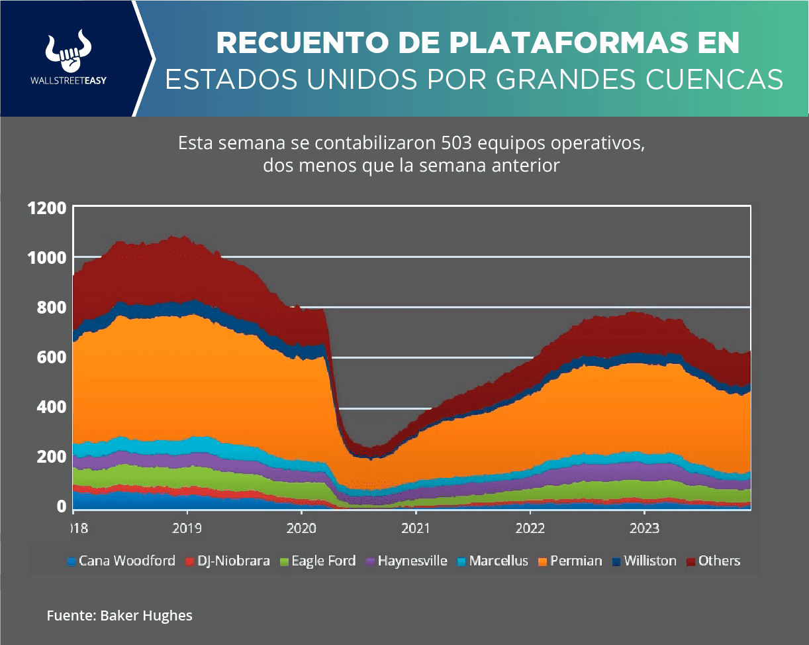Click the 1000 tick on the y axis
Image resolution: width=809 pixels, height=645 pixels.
pyautogui.click(x=47, y=257)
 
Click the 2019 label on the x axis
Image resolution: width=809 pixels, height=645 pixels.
pyautogui.click(x=187, y=529)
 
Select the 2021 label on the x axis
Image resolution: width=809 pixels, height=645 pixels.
pyautogui.click(x=415, y=529)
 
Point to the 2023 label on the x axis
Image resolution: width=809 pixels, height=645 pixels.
pyautogui.click(x=644, y=529)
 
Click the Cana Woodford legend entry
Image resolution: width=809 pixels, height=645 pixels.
pyautogui.click(x=121, y=561)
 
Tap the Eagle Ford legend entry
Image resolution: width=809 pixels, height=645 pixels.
pyautogui.click(x=318, y=561)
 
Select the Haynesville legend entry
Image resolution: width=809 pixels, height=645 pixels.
pyautogui.click(x=406, y=561)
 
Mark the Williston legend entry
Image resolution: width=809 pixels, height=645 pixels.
pyautogui.click(x=645, y=561)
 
